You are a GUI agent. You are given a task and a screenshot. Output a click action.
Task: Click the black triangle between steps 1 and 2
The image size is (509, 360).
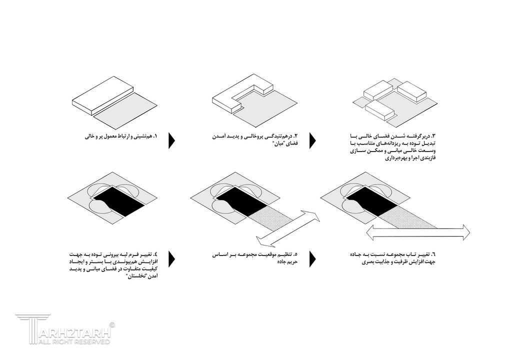point(171,140)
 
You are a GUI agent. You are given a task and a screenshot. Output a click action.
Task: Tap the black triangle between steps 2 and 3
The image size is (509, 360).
point(312,140)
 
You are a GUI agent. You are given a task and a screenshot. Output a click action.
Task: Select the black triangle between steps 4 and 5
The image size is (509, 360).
point(171,259)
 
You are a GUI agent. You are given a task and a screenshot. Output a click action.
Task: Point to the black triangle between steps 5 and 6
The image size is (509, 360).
point(312,259)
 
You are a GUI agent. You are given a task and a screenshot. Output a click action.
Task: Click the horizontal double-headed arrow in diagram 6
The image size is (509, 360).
point(418,232)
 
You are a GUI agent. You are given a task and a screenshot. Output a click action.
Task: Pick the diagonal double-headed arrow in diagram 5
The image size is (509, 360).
point(288,228)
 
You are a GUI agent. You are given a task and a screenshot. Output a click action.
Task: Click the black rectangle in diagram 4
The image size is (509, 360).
point(119,201)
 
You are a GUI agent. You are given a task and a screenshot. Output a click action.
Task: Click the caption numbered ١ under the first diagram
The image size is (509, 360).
point(121,136)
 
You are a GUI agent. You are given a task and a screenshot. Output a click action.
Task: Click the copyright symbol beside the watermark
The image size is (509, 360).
point(112,324)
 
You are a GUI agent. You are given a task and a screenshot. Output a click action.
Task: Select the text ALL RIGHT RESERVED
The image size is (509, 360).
point(74,342)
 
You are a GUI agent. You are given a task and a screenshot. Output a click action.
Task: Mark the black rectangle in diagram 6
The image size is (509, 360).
point(372,201)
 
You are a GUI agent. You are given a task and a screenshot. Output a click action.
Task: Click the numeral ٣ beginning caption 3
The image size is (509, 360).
point(432,135)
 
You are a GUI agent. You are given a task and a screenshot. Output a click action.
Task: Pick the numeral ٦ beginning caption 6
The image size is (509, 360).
point(432,254)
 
